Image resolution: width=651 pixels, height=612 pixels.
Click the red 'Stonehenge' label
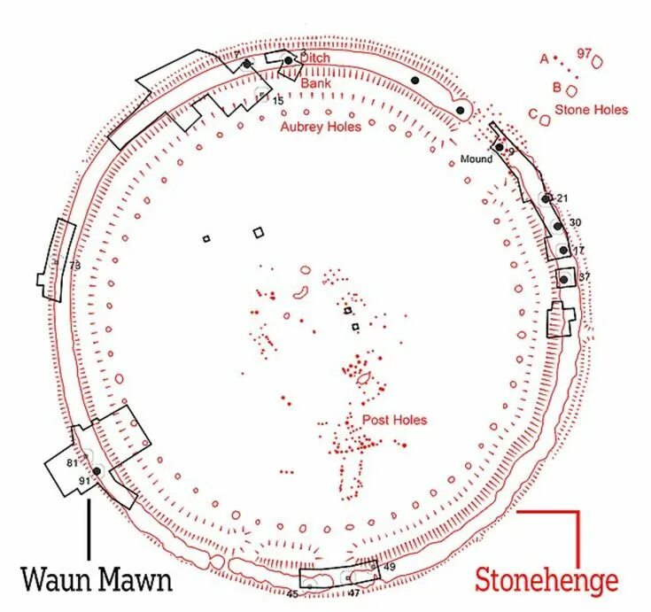click(546, 580)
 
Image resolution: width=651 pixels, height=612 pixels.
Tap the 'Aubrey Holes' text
click(321, 127)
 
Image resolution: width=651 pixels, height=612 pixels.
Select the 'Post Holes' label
click(395, 420)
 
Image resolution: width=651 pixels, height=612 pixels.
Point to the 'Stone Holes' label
click(591, 110)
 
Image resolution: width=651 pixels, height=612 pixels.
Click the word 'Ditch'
click(315, 58)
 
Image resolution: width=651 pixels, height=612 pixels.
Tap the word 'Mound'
click(476, 159)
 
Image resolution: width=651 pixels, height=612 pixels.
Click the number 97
click(584, 54)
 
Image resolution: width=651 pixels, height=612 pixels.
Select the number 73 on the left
click(75, 265)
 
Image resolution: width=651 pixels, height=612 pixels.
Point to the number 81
click(73, 462)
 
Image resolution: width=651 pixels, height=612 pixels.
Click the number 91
click(85, 481)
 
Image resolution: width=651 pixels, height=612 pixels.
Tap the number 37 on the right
click(584, 277)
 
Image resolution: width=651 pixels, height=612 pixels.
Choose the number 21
click(562, 198)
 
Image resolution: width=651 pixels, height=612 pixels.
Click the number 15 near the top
click(277, 102)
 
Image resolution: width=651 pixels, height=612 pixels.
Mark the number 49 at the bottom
click(389, 566)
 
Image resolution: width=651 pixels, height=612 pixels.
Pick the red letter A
click(544, 58)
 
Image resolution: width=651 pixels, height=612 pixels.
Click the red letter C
click(532, 113)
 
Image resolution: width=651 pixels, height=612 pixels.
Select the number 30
click(575, 222)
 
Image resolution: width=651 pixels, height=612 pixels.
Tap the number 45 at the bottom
click(291, 594)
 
